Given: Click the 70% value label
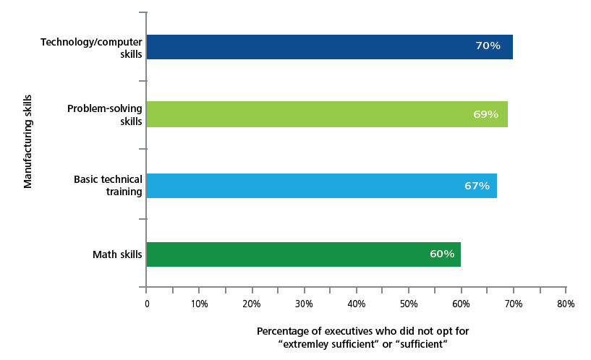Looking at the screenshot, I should coord(488,46).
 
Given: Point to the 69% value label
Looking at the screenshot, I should coord(485,114).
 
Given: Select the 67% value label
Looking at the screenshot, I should coord(477,186).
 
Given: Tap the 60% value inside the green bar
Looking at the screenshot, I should coord(441,254).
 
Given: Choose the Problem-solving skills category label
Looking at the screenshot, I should coord(104,114).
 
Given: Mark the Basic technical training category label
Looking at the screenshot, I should coord(108,186).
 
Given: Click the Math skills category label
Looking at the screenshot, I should coord(116,254).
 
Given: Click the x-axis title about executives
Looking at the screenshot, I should coord(362,338).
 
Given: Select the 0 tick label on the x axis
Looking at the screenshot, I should coord(147,304).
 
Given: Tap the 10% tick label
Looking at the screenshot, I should coord(199,304).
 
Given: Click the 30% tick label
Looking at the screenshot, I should coord(304,304).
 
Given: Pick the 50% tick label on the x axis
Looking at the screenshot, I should coord(409,304).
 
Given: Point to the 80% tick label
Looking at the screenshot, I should coord(566,304).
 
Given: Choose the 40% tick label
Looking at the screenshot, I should coord(356,304).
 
